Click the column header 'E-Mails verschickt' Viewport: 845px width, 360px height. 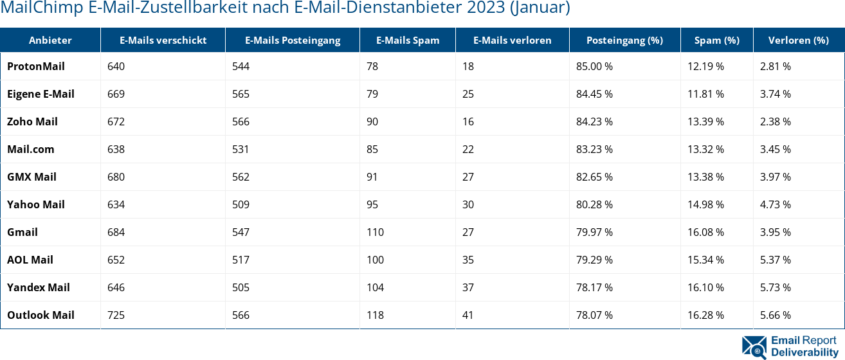(163, 40)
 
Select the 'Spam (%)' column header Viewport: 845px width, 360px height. (716, 40)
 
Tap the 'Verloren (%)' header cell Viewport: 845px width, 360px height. (798, 40)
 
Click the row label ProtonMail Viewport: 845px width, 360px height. (36, 66)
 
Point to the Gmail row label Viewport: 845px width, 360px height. (23, 232)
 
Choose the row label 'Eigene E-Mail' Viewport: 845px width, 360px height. (41, 94)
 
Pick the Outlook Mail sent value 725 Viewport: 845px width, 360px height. (116, 315)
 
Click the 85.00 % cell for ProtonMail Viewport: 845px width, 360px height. (594, 66)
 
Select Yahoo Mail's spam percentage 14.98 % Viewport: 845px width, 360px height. (705, 204)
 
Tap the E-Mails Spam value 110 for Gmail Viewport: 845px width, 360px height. (375, 232)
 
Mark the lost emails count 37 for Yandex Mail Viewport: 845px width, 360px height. (468, 287)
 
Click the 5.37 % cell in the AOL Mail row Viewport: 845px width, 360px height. (775, 260)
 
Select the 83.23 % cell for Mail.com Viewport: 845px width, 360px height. (594, 149)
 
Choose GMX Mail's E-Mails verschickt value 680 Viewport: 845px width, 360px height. (116, 177)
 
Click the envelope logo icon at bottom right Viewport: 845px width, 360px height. (754, 346)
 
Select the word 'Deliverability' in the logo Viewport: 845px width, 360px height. (804, 352)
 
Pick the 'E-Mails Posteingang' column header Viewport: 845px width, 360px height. (293, 40)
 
